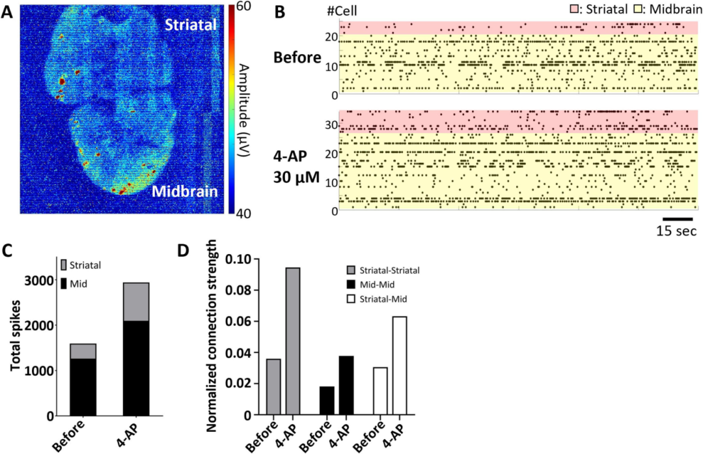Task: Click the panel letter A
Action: pos(9,12)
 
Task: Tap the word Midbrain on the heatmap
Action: pos(184,192)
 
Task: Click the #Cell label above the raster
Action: pos(343,11)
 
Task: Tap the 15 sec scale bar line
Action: pos(678,219)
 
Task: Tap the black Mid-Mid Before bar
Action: pos(327,401)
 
